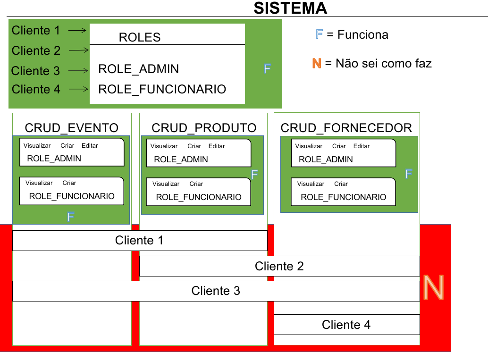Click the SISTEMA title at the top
[x=290, y=8]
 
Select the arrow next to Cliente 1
[x=77, y=30]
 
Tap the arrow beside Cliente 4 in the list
[x=78, y=89]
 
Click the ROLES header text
[x=140, y=37]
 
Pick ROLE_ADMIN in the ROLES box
[x=138, y=69]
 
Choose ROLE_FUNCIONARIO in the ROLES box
[x=162, y=89]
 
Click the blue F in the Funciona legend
[x=319, y=34]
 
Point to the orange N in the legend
[x=317, y=63]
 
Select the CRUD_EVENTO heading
[x=72, y=128]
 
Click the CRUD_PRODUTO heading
[x=204, y=128]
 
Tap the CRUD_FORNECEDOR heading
[x=346, y=128]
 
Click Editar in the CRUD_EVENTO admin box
[x=90, y=146]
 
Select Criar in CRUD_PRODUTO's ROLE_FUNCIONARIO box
[x=196, y=184]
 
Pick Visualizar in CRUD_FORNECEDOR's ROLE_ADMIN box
[x=309, y=146]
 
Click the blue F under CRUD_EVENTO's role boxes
[x=71, y=217]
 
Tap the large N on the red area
[x=434, y=287]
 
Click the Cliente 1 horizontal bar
[x=140, y=241]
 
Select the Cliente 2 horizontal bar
[x=279, y=266]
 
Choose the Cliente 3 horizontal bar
[x=216, y=291]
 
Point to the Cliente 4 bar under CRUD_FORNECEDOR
[x=347, y=325]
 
